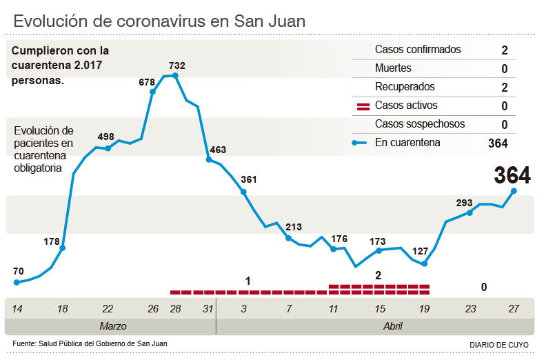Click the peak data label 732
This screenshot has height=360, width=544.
(176, 66)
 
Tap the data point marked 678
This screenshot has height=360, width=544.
(152, 91)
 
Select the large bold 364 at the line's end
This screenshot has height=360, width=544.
(512, 175)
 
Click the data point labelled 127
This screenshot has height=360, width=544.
(425, 263)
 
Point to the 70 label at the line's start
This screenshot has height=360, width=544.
(18, 270)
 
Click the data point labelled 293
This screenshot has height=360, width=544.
(470, 212)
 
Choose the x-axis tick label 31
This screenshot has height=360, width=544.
(208, 309)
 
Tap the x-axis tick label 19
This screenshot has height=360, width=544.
(424, 309)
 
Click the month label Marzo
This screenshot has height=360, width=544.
(112, 326)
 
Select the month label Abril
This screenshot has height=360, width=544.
(392, 326)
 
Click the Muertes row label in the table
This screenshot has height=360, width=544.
(393, 68)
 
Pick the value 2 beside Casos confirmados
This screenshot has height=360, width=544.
(505, 50)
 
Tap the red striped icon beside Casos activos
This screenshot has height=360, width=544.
(363, 106)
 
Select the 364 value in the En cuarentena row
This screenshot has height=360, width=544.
(497, 143)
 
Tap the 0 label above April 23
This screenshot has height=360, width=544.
(484, 287)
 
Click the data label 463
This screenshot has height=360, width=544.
(218, 150)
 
